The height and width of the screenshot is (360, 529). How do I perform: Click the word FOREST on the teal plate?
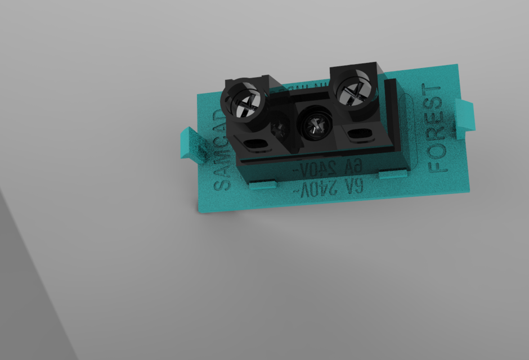coord(439,128)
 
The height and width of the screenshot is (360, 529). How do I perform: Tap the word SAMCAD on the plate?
coord(221,149)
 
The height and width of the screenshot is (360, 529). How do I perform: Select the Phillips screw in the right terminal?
coord(353,91)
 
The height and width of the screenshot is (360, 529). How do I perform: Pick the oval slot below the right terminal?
coord(358,134)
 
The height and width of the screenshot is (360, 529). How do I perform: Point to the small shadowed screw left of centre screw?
coord(280,129)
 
